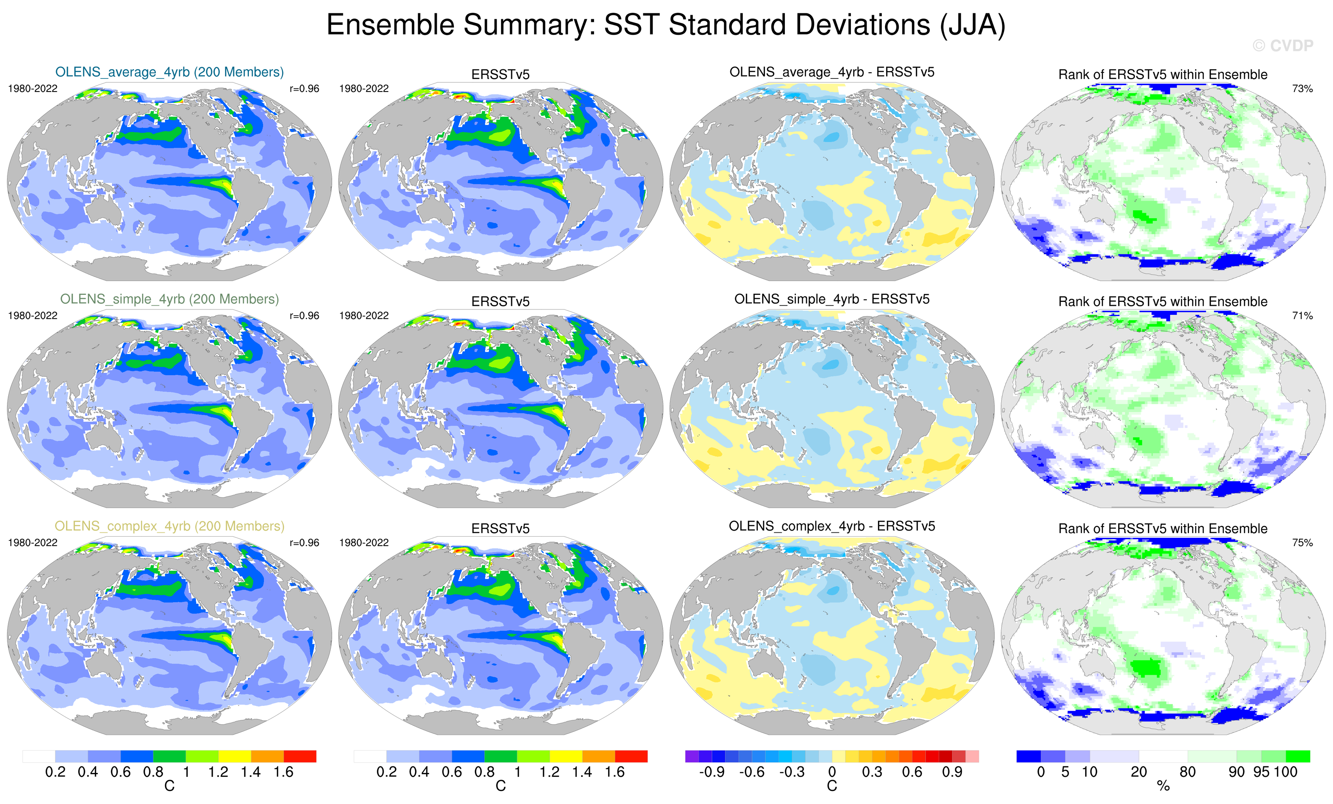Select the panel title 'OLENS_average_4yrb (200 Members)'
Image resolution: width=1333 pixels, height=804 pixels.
(x=169, y=72)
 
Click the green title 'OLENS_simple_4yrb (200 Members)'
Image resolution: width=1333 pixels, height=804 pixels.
(x=169, y=299)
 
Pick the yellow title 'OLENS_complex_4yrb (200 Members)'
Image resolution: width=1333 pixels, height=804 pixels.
(x=169, y=526)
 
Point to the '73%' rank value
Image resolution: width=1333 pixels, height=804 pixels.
(x=1302, y=89)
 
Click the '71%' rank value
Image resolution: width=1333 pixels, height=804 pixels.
(x=1302, y=315)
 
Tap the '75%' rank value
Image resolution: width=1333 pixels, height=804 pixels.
(x=1302, y=543)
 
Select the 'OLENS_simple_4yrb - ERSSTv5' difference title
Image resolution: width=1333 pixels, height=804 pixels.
(x=832, y=299)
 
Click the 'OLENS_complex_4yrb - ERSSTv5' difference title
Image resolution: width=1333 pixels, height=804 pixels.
(x=832, y=526)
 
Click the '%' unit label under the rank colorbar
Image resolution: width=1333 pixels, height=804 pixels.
(x=1163, y=786)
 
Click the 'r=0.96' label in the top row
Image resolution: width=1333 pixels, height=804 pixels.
(x=304, y=89)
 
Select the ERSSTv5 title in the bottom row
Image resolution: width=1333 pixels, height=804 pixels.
(x=501, y=528)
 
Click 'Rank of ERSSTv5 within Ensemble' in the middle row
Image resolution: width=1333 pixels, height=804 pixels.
(x=1163, y=302)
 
